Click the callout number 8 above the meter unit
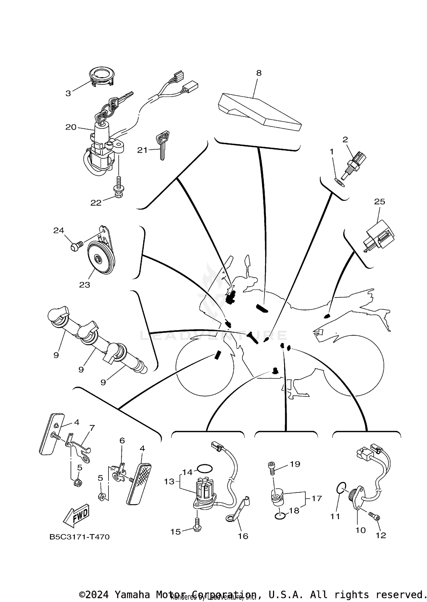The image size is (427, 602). click(258, 73)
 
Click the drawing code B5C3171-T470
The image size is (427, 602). click(79, 537)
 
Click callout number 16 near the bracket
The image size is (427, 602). click(243, 536)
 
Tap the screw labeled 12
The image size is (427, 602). click(374, 515)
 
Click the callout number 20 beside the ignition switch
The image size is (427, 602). click(71, 127)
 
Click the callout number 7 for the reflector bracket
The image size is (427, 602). click(92, 428)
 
